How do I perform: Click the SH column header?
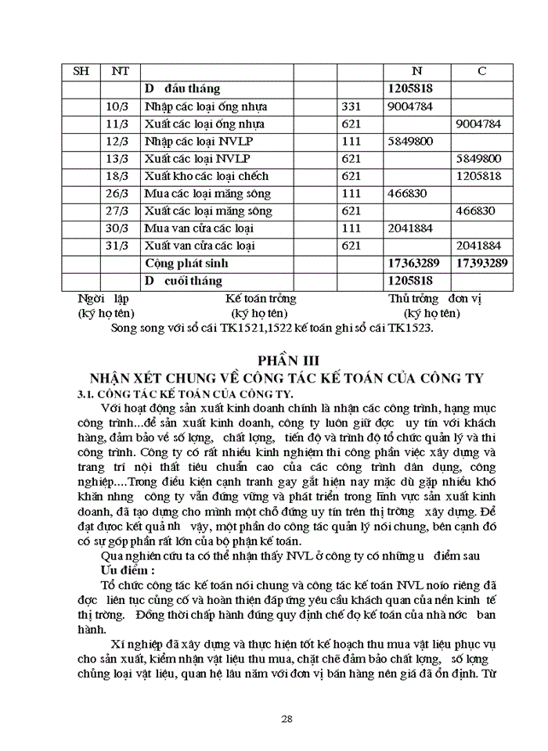[81, 71]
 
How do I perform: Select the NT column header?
[120, 71]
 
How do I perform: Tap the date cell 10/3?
[115, 106]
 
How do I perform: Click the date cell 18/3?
[115, 176]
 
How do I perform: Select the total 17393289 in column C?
[481, 264]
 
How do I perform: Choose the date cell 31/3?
[115, 246]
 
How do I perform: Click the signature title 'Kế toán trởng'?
[261, 299]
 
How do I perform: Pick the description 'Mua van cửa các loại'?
[200, 228]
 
